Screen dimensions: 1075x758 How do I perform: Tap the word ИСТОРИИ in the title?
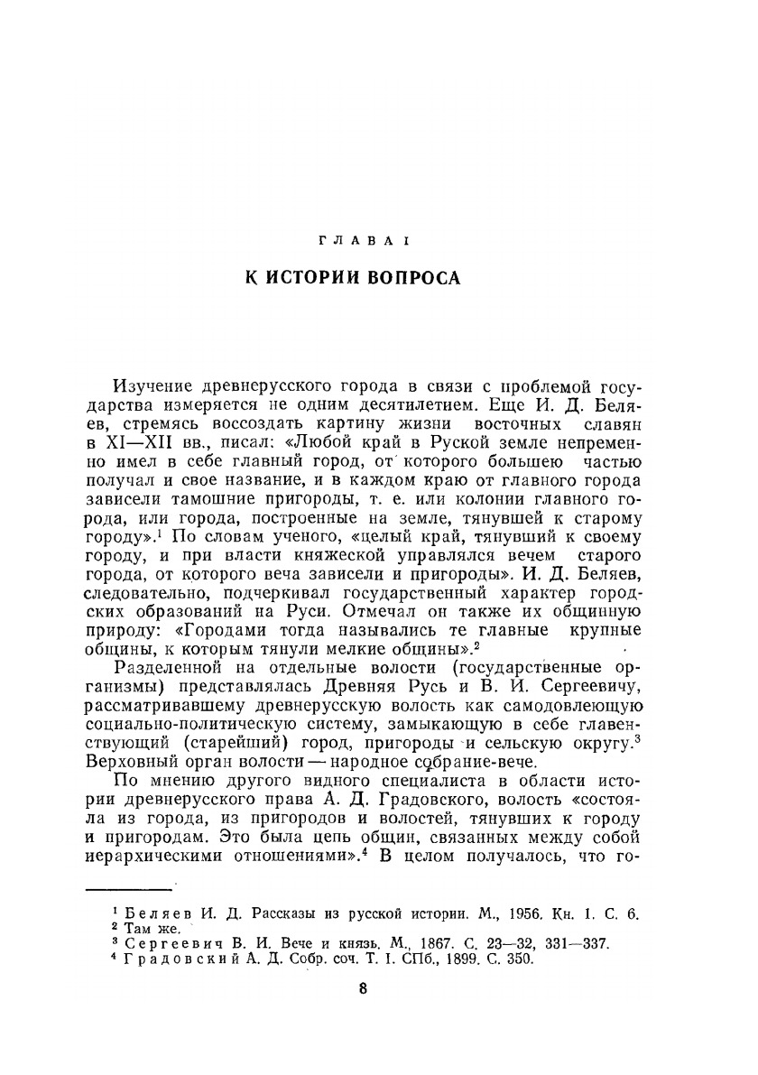(x=328, y=278)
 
